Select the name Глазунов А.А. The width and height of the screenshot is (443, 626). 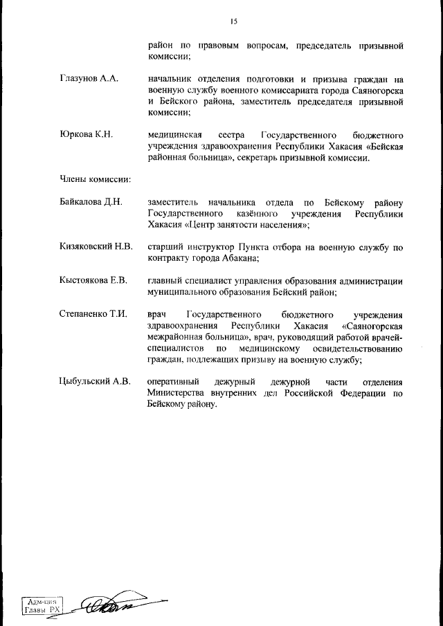tap(89, 80)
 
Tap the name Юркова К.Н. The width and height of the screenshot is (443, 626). tap(86, 134)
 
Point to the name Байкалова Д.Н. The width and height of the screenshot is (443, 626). tap(91, 202)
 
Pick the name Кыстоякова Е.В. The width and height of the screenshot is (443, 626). tap(94, 280)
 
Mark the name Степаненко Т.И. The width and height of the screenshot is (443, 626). tap(94, 313)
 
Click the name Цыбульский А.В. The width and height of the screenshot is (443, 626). tap(96, 382)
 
